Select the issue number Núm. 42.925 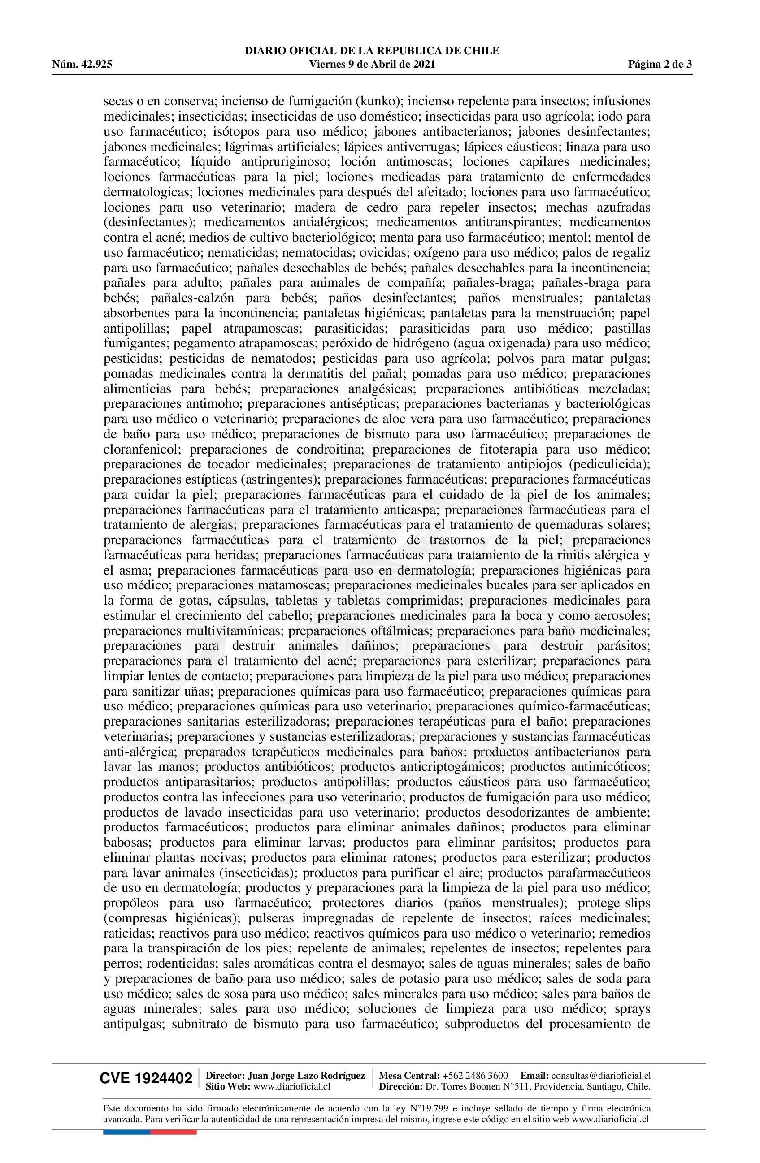pos(82,64)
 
